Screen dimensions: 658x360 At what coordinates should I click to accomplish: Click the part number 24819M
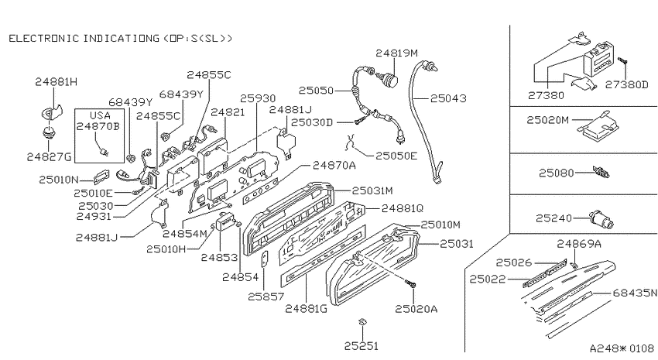pos(396,53)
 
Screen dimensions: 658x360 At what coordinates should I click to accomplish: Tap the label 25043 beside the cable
pos(448,98)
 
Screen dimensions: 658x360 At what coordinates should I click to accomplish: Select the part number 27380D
pos(626,84)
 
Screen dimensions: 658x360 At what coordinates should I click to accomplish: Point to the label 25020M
pos(547,120)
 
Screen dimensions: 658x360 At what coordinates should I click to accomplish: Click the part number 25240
pos(553,218)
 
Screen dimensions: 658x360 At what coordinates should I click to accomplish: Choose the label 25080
pos(557,173)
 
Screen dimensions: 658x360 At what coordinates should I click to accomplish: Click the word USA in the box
pos(100,115)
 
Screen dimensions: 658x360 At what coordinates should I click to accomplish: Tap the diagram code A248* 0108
pos(622,348)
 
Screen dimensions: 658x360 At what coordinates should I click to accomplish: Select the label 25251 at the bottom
pos(361,346)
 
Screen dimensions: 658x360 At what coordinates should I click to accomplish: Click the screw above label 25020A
pos(410,283)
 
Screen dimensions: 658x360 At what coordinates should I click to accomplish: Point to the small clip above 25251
pos(362,322)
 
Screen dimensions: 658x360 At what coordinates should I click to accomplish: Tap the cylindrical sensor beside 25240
pos(601,218)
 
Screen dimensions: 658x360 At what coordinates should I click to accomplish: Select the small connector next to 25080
pos(601,172)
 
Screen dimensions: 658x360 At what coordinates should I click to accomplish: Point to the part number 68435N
pos(635,293)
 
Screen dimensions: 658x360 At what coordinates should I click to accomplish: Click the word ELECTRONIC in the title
pos(43,38)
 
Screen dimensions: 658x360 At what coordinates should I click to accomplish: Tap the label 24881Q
pos(403,208)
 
